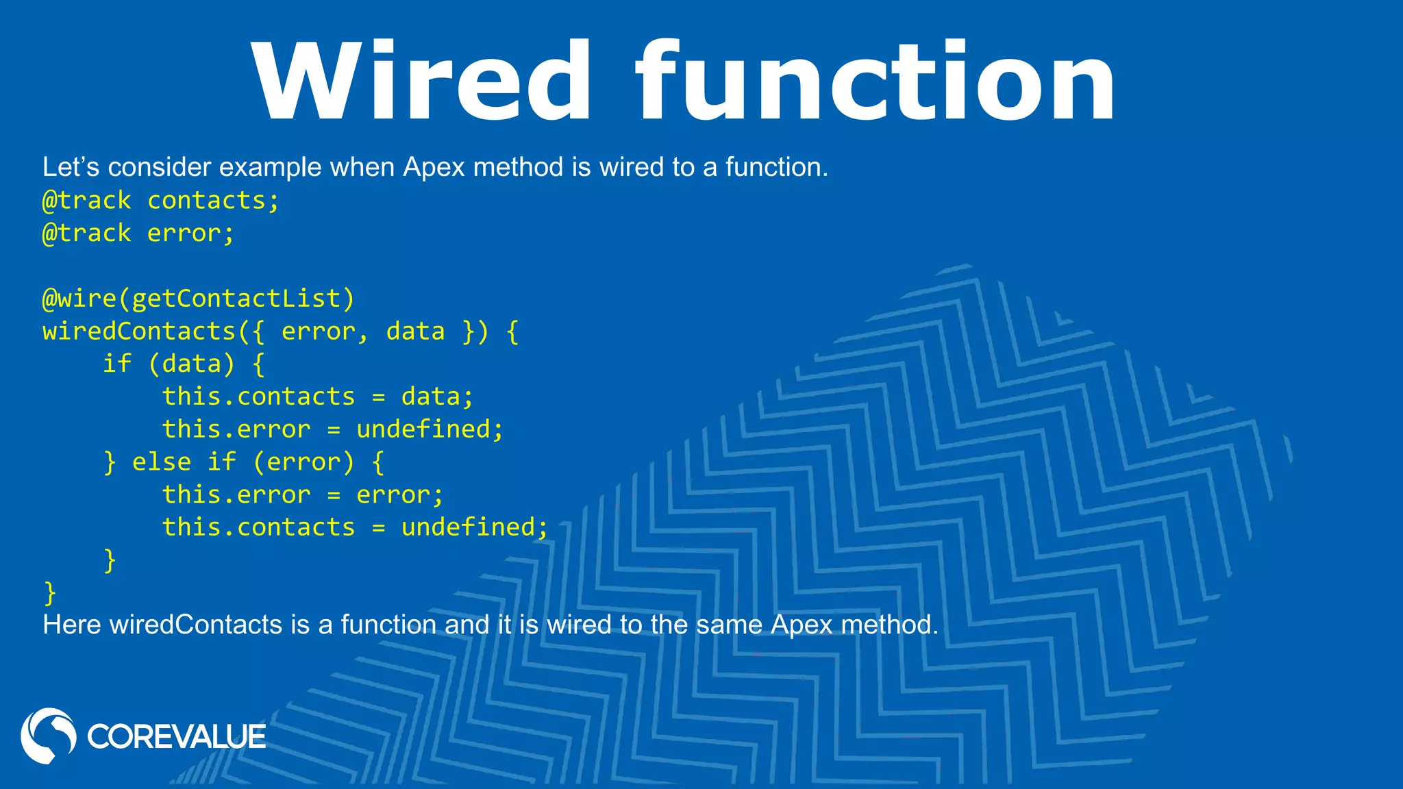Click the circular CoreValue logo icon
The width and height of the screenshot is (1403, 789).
[48, 736]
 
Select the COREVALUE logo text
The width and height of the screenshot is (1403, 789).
[176, 737]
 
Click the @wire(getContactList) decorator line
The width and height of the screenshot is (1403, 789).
[199, 299]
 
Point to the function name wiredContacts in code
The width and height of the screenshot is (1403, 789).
[139, 331]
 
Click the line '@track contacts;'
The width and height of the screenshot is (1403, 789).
[161, 201]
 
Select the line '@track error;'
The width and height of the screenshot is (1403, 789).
[138, 234]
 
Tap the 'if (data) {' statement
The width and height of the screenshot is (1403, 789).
[184, 364]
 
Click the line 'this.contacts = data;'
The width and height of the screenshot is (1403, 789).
[318, 397]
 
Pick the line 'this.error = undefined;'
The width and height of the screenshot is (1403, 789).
[333, 429]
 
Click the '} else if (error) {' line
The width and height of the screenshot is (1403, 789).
[244, 462]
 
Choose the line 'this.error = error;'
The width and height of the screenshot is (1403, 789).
[303, 494]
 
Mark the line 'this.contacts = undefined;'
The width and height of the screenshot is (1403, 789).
[356, 527]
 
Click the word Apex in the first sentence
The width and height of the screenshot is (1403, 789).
[434, 168]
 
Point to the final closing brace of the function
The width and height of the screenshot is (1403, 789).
[49, 592]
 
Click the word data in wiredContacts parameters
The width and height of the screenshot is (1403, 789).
[415, 331]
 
